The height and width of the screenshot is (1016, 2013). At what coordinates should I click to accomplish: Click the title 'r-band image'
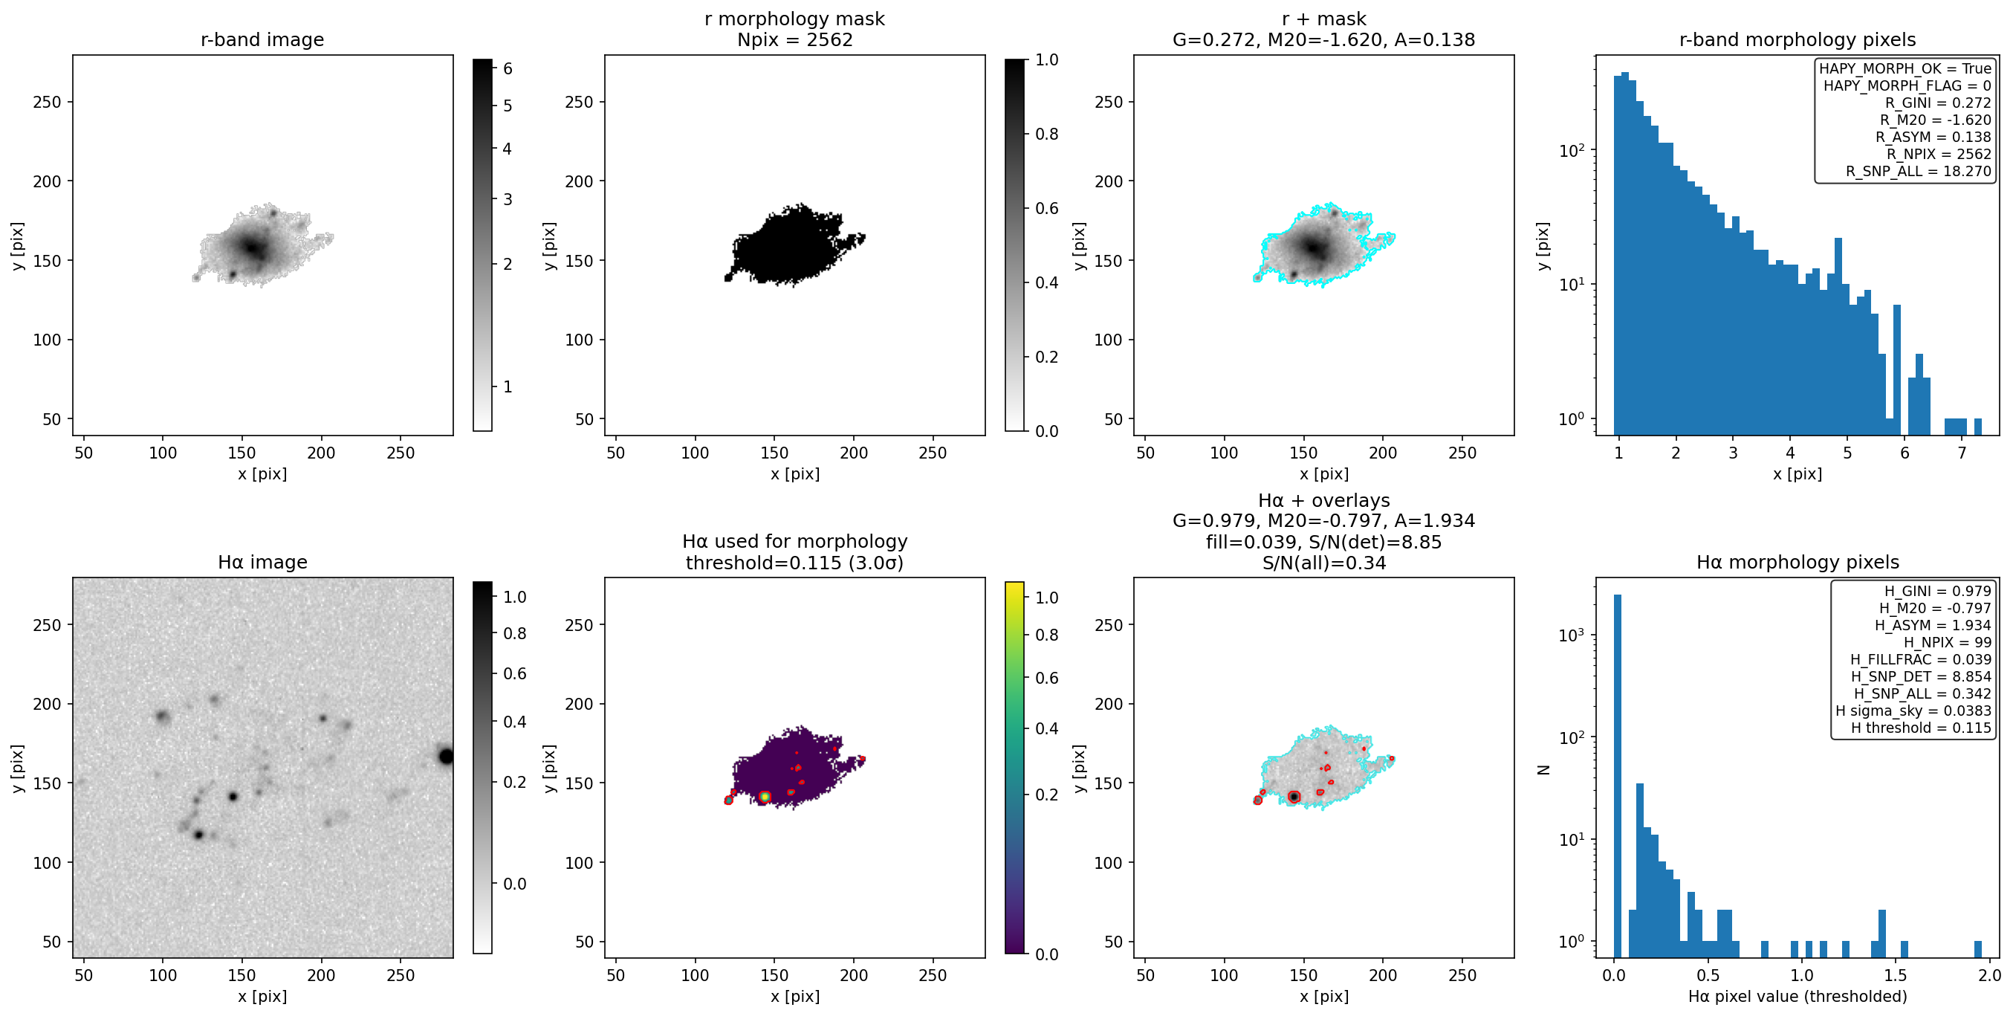[x=262, y=39]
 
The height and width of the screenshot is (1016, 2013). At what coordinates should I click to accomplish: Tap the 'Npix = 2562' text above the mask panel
[x=795, y=39]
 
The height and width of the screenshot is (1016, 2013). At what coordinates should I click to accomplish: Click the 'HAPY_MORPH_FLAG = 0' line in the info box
[x=1907, y=85]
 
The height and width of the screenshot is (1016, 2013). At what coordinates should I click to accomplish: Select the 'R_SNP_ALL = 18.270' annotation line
[x=1919, y=171]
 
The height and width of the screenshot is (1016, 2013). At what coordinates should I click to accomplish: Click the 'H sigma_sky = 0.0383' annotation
[x=1913, y=711]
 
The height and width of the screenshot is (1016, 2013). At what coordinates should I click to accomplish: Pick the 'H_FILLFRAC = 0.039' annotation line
[x=1921, y=659]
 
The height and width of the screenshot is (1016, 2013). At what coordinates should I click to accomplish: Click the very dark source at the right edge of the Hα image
[x=446, y=756]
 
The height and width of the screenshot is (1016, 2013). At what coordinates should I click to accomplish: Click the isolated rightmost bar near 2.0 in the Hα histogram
[x=1978, y=950]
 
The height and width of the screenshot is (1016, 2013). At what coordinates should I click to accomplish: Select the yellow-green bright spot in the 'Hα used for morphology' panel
[x=765, y=797]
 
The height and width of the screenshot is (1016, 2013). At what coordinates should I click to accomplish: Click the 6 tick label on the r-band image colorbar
[x=508, y=69]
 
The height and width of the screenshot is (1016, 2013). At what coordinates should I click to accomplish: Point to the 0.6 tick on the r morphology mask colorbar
[x=1047, y=208]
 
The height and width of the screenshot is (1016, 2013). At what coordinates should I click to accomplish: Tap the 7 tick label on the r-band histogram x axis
[x=1962, y=453]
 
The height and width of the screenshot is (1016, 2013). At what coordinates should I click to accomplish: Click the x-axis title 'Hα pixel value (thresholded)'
[x=1798, y=997]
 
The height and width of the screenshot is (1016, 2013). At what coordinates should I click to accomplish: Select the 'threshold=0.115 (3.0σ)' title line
[x=795, y=563]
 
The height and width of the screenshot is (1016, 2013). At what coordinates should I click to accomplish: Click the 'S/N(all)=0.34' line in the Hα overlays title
[x=1323, y=563]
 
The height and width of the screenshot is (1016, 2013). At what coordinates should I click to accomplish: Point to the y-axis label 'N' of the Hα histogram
[x=1543, y=769]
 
